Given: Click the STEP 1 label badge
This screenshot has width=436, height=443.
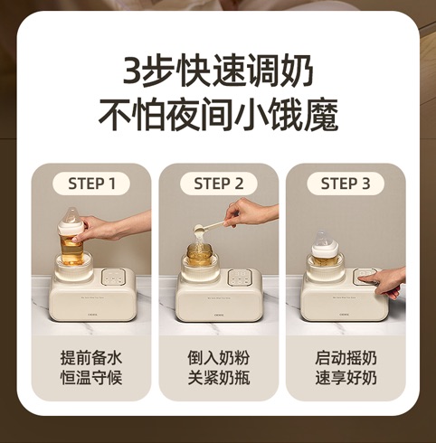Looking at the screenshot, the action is [91, 184].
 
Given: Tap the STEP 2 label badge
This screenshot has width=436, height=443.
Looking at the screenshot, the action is [219, 184].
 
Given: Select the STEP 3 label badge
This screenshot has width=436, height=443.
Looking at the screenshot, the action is [346, 184].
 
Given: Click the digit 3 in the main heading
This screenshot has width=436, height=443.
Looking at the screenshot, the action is [132, 72].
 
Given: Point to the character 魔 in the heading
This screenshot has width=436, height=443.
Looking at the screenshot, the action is [322, 116].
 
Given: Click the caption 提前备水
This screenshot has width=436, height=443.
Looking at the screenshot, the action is [91, 358].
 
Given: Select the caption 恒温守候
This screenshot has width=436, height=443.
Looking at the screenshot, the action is [91, 377].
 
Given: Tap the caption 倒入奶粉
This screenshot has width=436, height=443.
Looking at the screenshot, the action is [219, 358].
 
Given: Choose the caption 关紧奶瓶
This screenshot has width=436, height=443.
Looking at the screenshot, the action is [219, 377].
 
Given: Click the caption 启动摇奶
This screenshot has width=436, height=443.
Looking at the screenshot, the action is [346, 358].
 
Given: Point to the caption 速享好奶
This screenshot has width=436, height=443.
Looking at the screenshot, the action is [346, 377].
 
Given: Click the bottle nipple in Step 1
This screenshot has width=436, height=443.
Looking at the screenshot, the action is [71, 216].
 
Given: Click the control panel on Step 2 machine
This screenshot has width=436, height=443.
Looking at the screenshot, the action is [240, 277].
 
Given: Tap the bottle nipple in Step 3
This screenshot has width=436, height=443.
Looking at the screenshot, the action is [322, 240].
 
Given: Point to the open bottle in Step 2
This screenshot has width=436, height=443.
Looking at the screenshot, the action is [199, 256].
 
